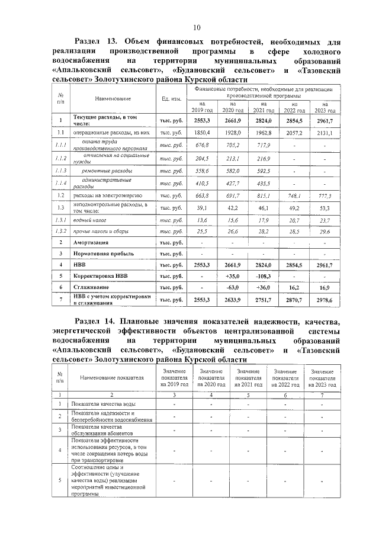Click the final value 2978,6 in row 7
323,301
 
